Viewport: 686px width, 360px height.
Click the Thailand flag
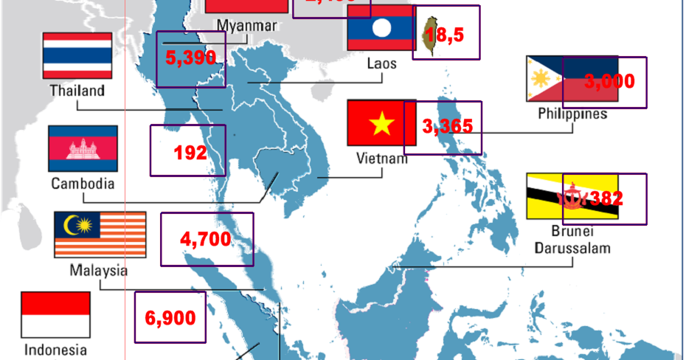[77, 55]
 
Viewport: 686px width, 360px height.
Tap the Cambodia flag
[83, 148]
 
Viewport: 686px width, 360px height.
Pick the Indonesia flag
[55, 314]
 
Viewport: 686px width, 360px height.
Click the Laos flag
[381, 28]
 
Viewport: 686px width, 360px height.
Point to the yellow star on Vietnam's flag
[381, 125]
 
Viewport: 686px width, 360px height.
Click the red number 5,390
[190, 59]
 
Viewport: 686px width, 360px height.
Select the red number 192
[190, 153]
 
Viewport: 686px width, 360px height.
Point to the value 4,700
[206, 239]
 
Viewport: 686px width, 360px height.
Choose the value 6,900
[170, 318]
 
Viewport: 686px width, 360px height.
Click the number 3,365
[447, 127]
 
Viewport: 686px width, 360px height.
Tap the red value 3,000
[609, 81]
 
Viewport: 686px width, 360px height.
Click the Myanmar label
[246, 26]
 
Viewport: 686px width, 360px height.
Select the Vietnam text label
[381, 158]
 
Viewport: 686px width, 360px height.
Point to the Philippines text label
[572, 114]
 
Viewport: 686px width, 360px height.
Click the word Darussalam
[572, 248]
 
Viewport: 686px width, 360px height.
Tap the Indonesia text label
[55, 350]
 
